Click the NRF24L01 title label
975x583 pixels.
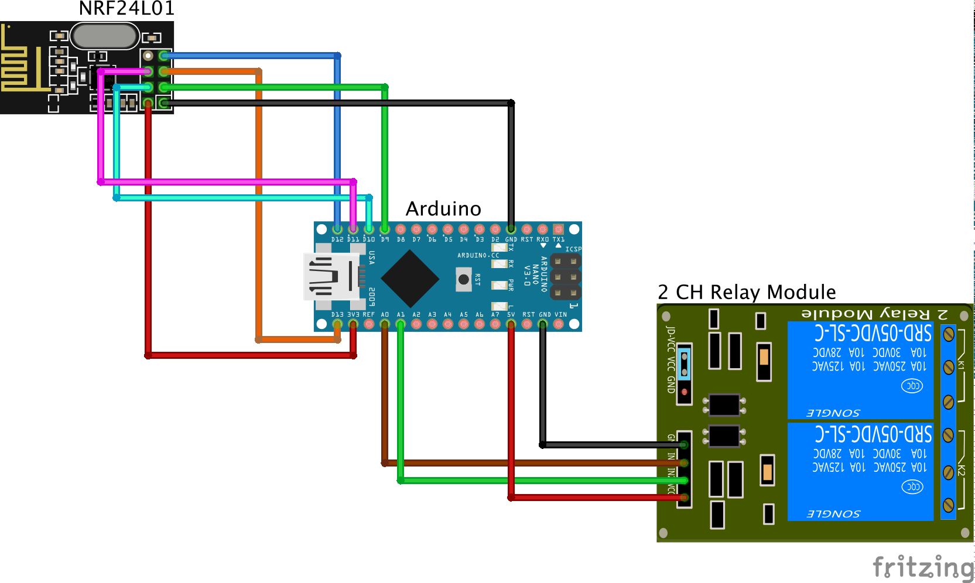pyautogui.click(x=126, y=9)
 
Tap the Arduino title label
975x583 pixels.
pyautogui.click(x=443, y=209)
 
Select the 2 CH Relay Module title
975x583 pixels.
pyautogui.click(x=747, y=292)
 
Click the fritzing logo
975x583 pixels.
pyautogui.click(x=923, y=567)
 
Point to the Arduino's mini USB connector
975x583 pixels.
pyautogui.click(x=331, y=276)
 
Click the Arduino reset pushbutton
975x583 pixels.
pyautogui.click(x=464, y=279)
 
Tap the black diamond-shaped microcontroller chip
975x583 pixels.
pyautogui.click(x=410, y=279)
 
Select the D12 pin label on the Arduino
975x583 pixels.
pyautogui.click(x=337, y=239)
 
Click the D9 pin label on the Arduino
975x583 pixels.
pyautogui.click(x=385, y=239)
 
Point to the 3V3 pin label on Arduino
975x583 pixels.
pyautogui.click(x=353, y=315)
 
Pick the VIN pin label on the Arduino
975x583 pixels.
pyautogui.click(x=560, y=315)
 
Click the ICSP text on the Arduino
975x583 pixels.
pyautogui.click(x=573, y=249)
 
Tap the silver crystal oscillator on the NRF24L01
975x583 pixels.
pyautogui.click(x=104, y=36)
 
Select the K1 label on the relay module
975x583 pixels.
pyautogui.click(x=961, y=364)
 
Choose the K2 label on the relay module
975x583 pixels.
pyautogui.click(x=961, y=470)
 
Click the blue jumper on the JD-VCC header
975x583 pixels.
pyautogui.click(x=684, y=363)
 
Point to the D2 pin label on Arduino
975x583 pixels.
pyautogui.click(x=495, y=239)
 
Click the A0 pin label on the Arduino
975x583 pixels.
pyautogui.click(x=385, y=315)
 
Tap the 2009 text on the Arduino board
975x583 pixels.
pyautogui.click(x=372, y=297)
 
